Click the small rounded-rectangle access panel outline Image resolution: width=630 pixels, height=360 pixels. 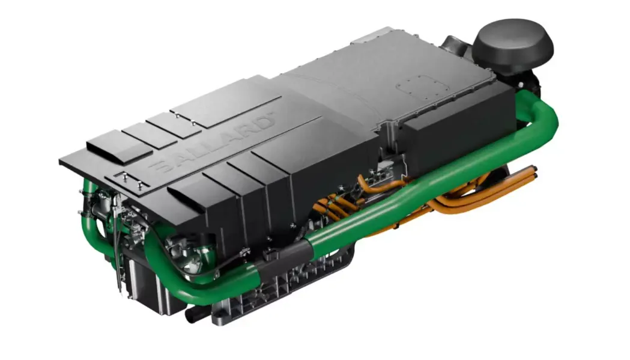419,86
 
